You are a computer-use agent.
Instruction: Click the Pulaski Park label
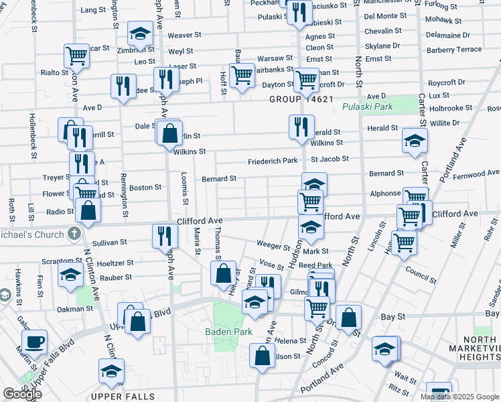tap(366, 107)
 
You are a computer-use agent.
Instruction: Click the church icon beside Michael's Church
tap(74, 235)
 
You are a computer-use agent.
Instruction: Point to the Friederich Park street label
tap(272, 161)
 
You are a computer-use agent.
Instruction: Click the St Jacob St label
tap(330, 159)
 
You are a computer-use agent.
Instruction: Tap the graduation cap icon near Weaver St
tap(141, 33)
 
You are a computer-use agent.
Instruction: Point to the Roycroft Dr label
tap(447, 82)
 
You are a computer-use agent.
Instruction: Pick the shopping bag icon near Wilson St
tap(263, 356)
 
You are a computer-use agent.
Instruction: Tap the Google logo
tap(22, 394)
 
